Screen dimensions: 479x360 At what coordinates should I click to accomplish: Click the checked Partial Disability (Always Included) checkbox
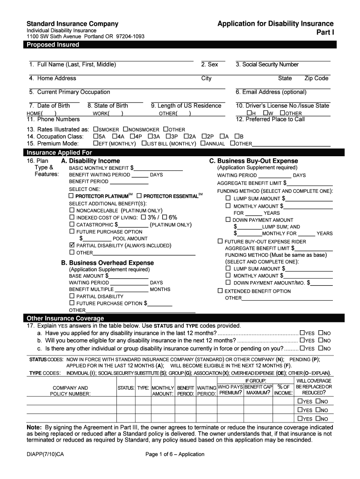pyautogui.click(x=72, y=245)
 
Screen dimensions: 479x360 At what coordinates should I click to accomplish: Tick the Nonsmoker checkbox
pyautogui.click(x=125, y=130)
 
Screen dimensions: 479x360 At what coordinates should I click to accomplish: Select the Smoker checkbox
pyautogui.click(x=96, y=130)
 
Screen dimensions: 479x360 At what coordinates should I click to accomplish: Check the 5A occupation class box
pyautogui.click(x=96, y=137)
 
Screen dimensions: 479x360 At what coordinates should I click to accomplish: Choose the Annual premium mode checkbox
pyautogui.click(x=202, y=144)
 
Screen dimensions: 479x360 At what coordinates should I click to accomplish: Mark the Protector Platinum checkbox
pyautogui.click(x=72, y=196)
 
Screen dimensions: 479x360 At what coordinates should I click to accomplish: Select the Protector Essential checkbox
pyautogui.click(x=139, y=196)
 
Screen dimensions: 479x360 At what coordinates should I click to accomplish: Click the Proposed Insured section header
pyautogui.click(x=53, y=45)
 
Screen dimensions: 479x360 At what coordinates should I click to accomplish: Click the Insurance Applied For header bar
pyautogui.click(x=59, y=152)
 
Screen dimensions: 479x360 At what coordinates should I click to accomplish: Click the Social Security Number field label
pyautogui.click(x=267, y=65)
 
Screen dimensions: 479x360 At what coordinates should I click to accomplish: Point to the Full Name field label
pyautogui.click(x=72, y=65)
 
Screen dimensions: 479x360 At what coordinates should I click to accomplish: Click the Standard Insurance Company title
pyautogui.click(x=72, y=24)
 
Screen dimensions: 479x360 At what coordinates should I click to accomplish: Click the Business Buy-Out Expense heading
pyautogui.click(x=253, y=161)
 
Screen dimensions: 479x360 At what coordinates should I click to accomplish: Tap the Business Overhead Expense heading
pyautogui.click(x=108, y=263)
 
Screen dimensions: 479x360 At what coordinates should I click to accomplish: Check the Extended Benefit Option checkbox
pyautogui.click(x=220, y=291)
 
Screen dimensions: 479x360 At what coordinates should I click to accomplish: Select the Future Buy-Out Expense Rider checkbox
pyautogui.click(x=220, y=241)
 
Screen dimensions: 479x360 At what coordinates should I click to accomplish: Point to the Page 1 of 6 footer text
pyautogui.click(x=175, y=454)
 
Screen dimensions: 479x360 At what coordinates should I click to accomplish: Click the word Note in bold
pyautogui.click(x=34, y=428)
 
